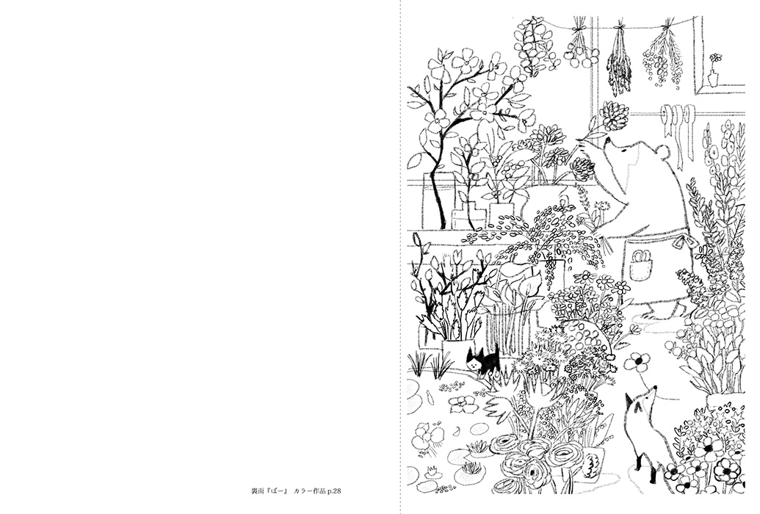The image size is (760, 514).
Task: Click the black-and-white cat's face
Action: (x=473, y=361)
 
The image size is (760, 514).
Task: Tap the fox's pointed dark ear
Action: (x=629, y=400)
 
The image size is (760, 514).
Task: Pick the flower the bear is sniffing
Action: (x=612, y=116)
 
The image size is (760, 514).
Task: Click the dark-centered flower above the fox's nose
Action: (x=637, y=361)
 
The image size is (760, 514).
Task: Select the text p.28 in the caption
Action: (x=334, y=491)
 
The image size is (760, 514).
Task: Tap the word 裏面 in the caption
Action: (x=257, y=491)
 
